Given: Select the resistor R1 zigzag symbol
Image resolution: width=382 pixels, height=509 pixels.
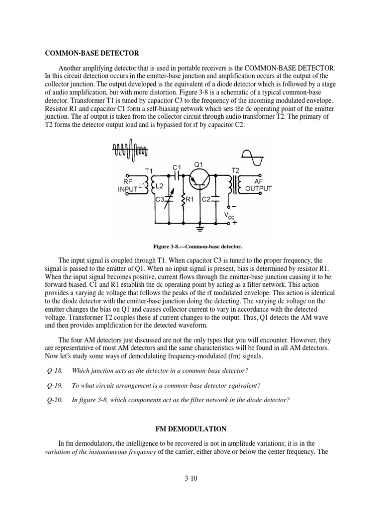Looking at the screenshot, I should [183, 200].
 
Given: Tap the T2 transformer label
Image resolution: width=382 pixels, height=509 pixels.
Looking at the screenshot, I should [235, 170].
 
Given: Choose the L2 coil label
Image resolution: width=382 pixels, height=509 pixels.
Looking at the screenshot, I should [160, 185].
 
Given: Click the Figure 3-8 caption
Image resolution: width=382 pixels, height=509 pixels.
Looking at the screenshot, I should [199, 246].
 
